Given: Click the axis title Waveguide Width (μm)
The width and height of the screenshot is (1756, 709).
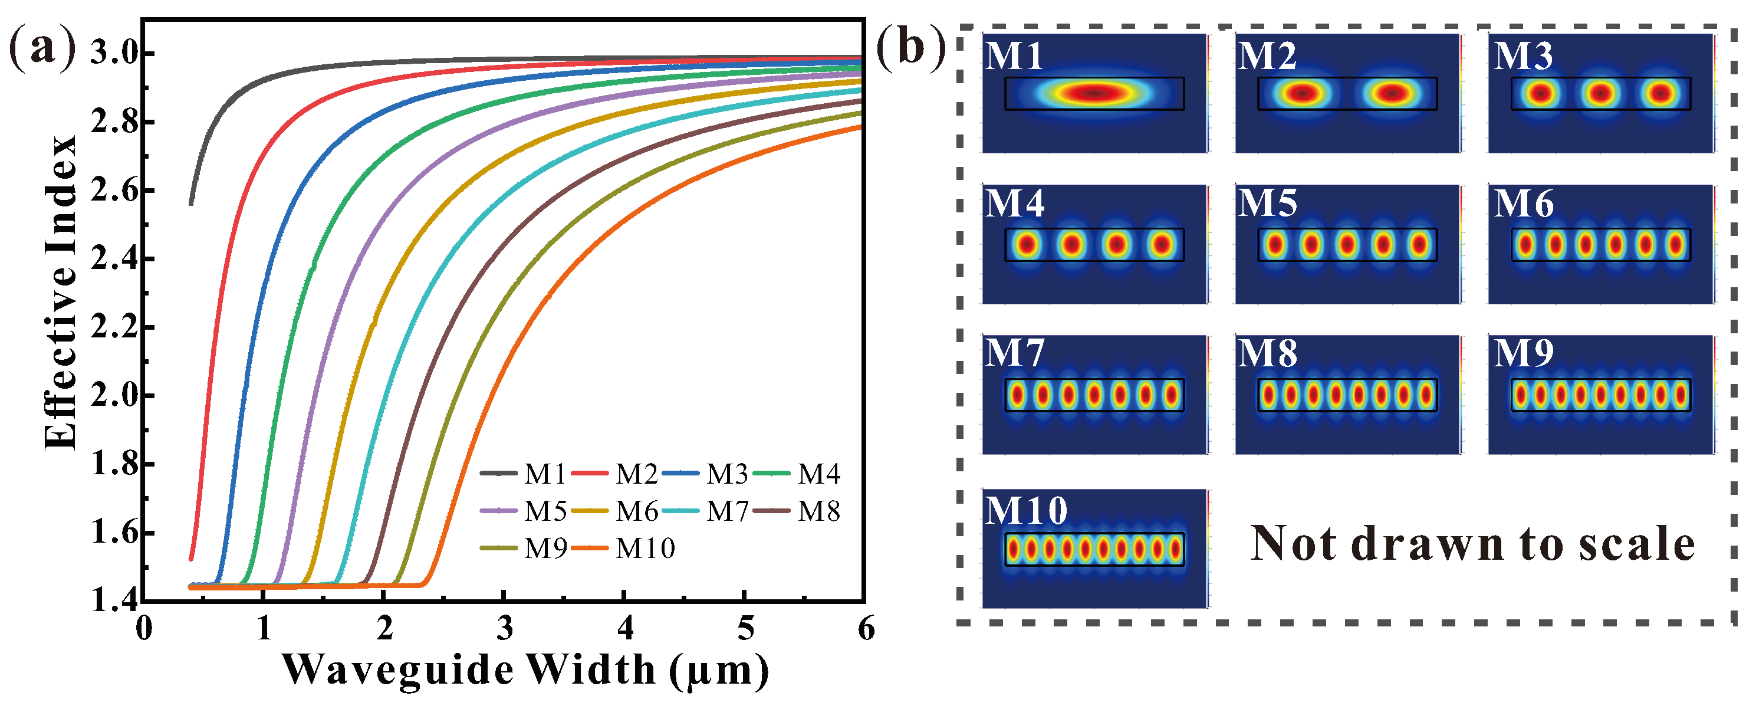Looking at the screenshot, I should click(x=525, y=671).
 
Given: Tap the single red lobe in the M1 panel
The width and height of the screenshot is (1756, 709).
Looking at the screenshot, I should click(x=1093, y=93).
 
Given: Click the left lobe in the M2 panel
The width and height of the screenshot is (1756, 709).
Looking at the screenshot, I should click(x=1302, y=93).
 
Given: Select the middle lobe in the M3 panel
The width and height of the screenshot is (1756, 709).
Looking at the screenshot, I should click(x=1600, y=93).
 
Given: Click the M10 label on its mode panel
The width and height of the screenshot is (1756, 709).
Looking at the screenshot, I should click(x=1026, y=511).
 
